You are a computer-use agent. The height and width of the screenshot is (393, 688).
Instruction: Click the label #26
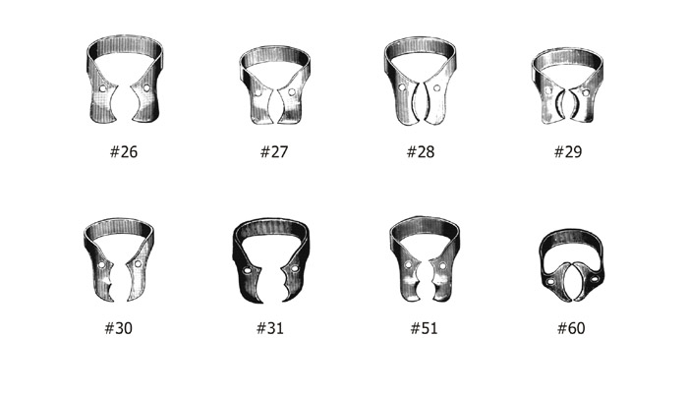click(124, 151)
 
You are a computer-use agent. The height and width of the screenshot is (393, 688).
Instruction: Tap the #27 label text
click(274, 151)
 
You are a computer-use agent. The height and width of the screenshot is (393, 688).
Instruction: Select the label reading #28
click(421, 151)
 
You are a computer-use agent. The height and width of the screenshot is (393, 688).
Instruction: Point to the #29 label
click(568, 151)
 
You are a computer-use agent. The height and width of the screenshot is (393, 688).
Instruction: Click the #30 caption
click(119, 328)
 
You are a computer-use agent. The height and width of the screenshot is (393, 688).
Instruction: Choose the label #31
click(270, 328)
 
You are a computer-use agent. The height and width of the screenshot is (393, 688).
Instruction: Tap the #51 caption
click(424, 328)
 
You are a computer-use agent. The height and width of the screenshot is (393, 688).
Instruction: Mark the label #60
click(571, 328)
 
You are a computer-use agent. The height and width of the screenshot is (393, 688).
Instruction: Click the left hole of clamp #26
click(103, 88)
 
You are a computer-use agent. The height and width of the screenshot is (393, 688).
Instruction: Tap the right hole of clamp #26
click(146, 88)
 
